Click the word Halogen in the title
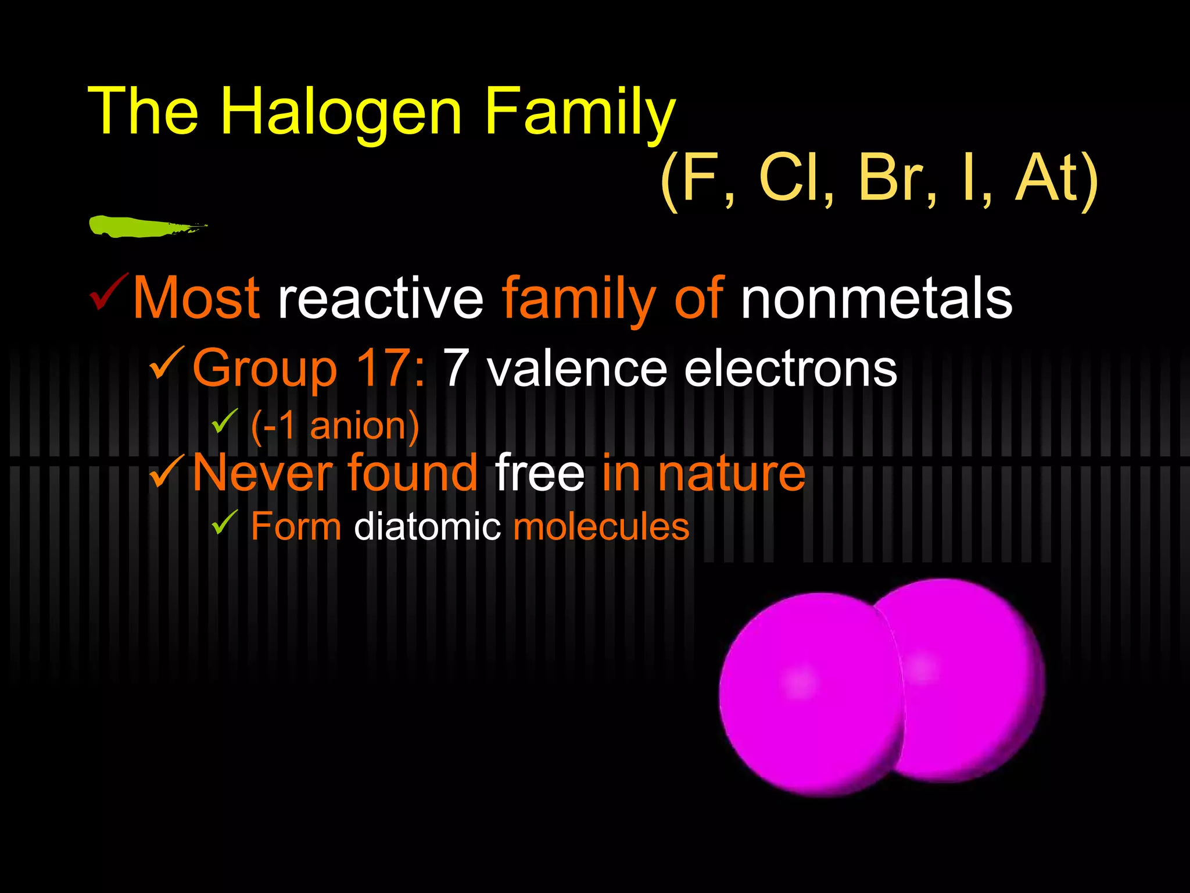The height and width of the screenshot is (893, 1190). pos(341,112)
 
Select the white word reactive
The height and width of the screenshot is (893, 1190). pos(381,298)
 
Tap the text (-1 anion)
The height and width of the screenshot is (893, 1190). pos(335,426)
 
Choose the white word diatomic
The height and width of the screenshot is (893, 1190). pos(427,527)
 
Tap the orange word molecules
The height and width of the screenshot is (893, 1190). pos(601,527)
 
